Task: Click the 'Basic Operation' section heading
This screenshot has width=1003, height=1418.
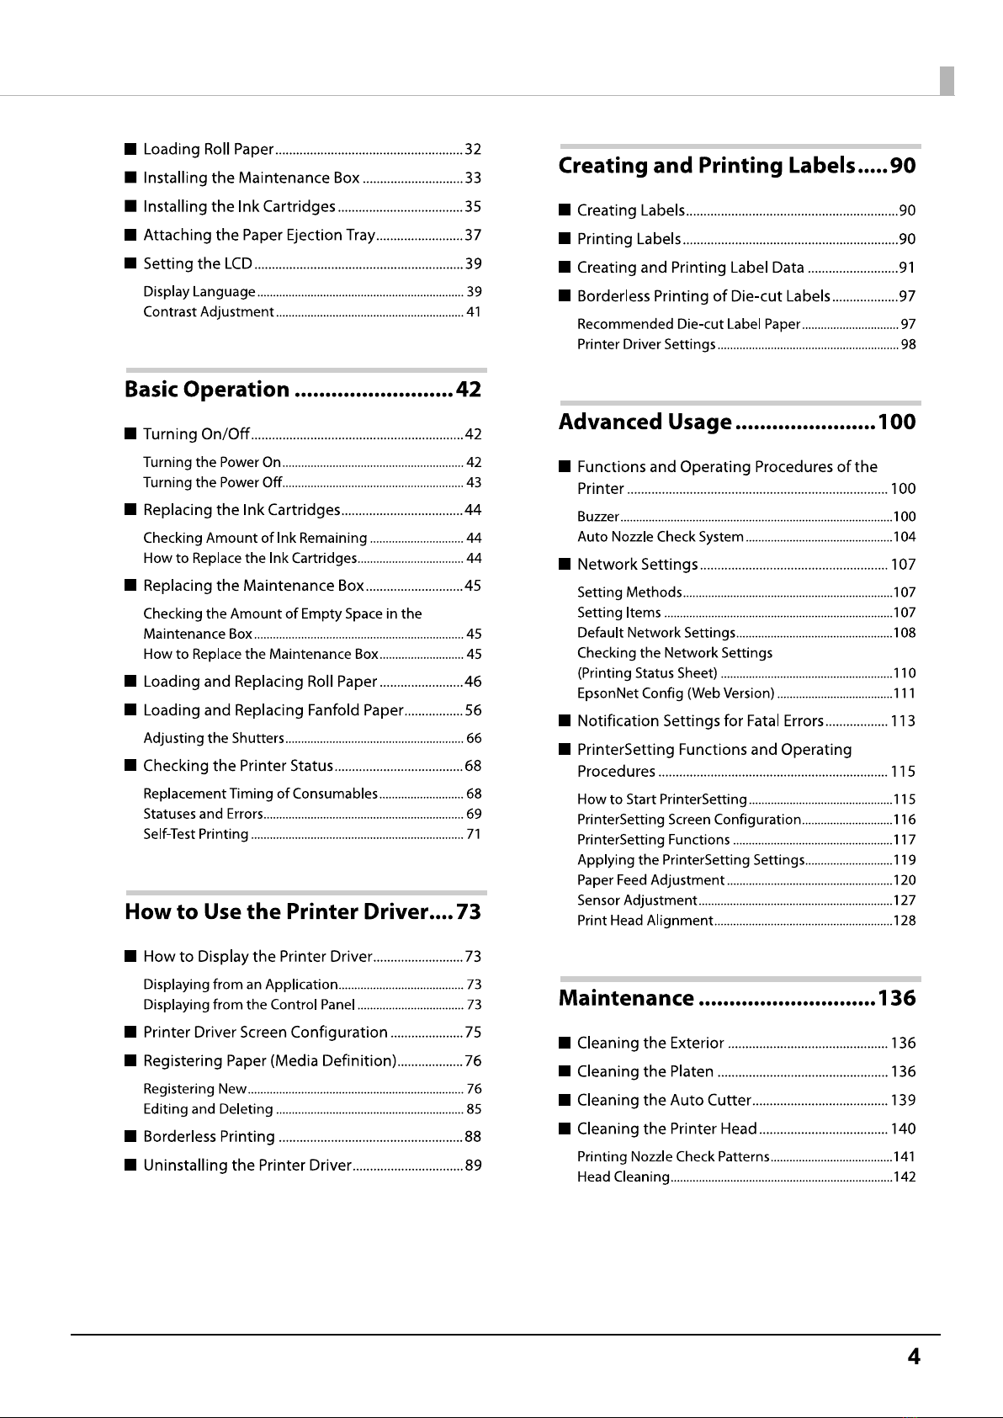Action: (x=207, y=390)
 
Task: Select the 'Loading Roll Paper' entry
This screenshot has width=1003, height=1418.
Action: (x=208, y=150)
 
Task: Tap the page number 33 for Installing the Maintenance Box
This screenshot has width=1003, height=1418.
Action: (x=473, y=178)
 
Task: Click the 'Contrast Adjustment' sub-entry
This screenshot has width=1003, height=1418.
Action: (x=209, y=312)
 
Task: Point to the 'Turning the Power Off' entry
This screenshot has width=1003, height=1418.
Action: (x=212, y=483)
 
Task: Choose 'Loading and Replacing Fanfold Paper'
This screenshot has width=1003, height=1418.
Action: (x=273, y=710)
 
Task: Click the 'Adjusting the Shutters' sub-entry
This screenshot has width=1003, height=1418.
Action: (x=214, y=739)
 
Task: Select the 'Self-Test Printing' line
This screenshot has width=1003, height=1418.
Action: (x=196, y=835)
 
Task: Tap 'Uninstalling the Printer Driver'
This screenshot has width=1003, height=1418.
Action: (x=247, y=1166)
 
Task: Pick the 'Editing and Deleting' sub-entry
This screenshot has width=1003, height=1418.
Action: (x=208, y=1110)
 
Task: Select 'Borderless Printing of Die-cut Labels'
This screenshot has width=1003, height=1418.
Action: (x=703, y=296)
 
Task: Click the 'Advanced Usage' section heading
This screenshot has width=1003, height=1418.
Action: (x=645, y=422)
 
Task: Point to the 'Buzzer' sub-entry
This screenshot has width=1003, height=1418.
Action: (x=598, y=518)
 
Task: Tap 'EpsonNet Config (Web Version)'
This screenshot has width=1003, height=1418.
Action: (x=676, y=694)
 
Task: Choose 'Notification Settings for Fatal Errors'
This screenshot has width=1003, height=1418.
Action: (x=699, y=721)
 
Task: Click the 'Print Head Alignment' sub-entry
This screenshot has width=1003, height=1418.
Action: (x=645, y=921)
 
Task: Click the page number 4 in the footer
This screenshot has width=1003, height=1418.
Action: (x=913, y=1357)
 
